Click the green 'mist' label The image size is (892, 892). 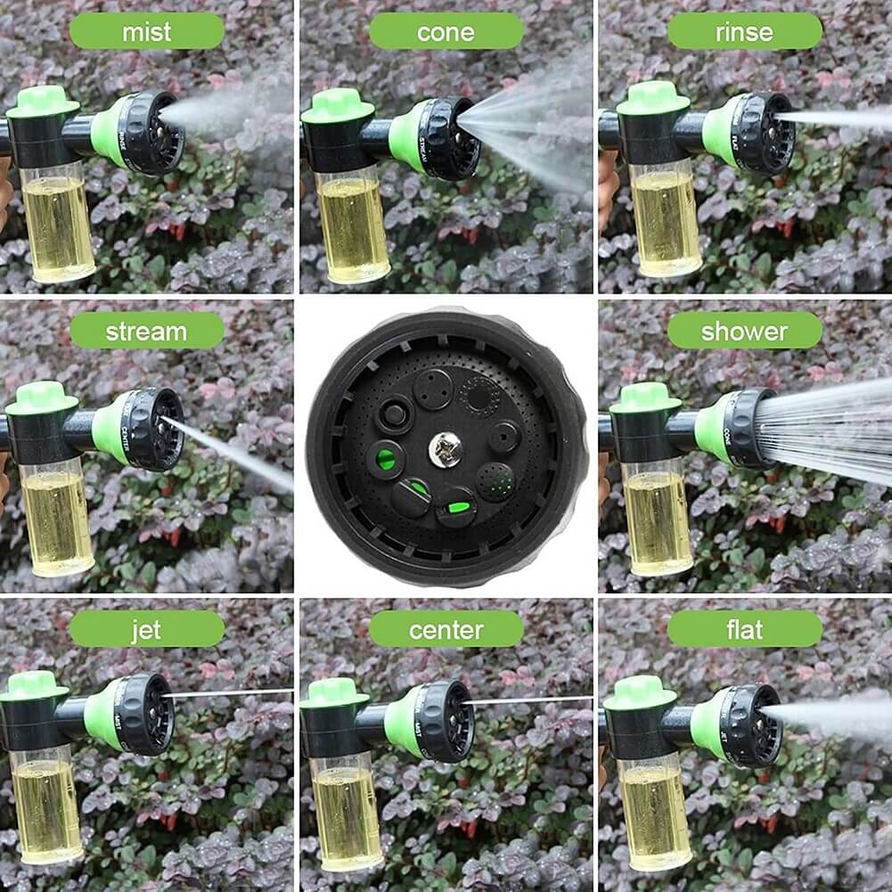click(x=146, y=32)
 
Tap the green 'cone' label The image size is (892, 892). click(x=446, y=32)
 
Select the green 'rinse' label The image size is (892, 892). click(x=744, y=32)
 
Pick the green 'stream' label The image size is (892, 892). click(x=146, y=331)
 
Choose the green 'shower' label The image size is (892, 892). click(x=744, y=331)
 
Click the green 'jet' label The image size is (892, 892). click(x=146, y=630)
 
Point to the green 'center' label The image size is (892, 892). click(x=446, y=630)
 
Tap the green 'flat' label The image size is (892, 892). click(x=744, y=630)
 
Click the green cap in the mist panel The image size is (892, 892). click(x=42, y=101)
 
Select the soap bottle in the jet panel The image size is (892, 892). click(x=46, y=806)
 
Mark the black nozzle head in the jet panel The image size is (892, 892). click(x=146, y=713)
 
